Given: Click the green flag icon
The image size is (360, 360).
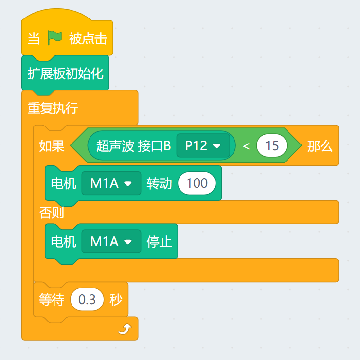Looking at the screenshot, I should (x=54, y=38).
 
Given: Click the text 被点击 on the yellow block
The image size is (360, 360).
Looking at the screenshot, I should (x=88, y=38).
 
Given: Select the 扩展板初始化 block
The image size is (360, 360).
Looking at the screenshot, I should (x=65, y=73).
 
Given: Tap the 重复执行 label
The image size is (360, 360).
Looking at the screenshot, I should (x=53, y=108).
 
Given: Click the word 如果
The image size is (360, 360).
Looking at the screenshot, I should (x=52, y=146).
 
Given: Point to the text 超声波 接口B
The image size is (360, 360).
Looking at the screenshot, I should (x=133, y=146).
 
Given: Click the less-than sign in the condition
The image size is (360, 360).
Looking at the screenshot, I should (x=246, y=146).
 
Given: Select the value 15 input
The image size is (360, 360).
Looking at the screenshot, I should (x=272, y=146).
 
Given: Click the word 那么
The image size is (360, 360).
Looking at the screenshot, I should (x=320, y=146).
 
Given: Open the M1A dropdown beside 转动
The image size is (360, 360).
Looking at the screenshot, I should (x=111, y=183).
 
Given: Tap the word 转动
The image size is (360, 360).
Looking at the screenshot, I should (x=159, y=183).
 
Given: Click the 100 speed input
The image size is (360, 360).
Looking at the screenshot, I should (x=197, y=183).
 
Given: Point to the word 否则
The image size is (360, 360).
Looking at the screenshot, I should (x=52, y=213).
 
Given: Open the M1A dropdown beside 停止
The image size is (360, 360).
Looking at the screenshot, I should (x=111, y=241).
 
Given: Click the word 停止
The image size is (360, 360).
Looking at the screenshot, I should (x=159, y=241).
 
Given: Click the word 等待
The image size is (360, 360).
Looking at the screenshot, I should (x=52, y=300).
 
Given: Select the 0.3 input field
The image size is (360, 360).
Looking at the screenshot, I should (x=87, y=300).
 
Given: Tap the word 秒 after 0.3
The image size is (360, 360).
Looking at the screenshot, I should (x=116, y=300).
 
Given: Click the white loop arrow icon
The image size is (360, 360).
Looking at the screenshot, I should (x=125, y=330).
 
